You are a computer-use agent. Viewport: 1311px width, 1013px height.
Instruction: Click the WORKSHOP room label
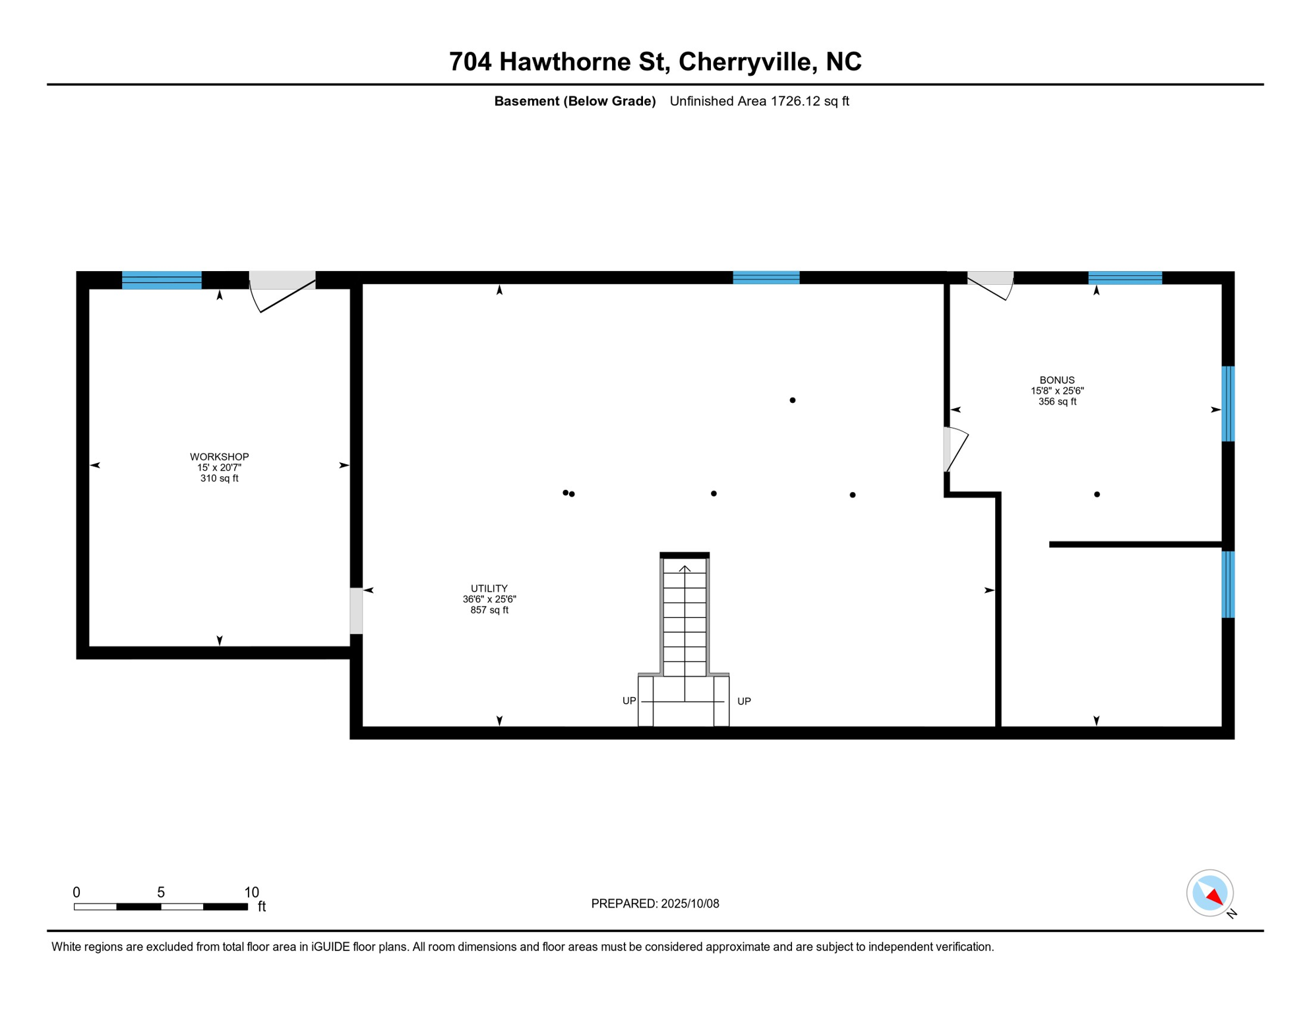(219, 456)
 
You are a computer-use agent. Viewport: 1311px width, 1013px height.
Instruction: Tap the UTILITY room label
(489, 588)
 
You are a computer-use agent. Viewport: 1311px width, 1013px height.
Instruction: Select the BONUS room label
(1056, 380)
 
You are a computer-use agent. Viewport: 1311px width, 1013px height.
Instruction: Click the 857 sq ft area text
(489, 610)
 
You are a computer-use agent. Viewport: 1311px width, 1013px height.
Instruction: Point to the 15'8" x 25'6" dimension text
(1056, 390)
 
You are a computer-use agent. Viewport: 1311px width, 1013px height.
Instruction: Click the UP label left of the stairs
(629, 700)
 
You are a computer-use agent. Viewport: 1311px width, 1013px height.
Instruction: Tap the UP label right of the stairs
(743, 701)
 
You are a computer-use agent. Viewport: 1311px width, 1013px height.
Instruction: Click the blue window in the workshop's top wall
(162, 280)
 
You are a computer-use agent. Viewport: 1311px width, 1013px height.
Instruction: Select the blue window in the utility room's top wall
(766, 278)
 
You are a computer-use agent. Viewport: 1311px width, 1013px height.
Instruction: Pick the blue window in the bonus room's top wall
(1124, 278)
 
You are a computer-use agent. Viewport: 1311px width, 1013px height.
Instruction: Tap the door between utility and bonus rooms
(954, 450)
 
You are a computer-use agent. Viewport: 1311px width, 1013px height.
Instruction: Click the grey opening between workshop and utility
(356, 611)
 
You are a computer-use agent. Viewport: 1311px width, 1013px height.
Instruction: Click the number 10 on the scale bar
(251, 892)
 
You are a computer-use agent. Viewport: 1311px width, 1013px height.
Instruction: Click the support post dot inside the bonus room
(1096, 494)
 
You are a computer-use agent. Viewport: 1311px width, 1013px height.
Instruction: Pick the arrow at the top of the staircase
(685, 568)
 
